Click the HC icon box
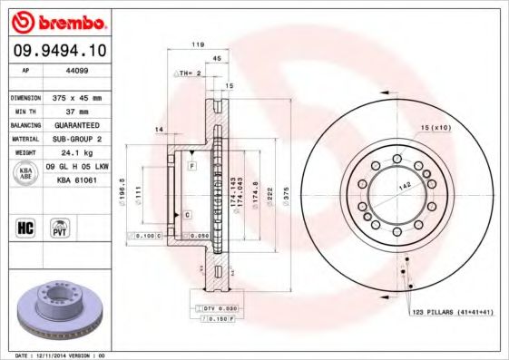click(x=24, y=226)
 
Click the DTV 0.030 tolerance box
click(x=212, y=309)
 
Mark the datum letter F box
click(x=192, y=168)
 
